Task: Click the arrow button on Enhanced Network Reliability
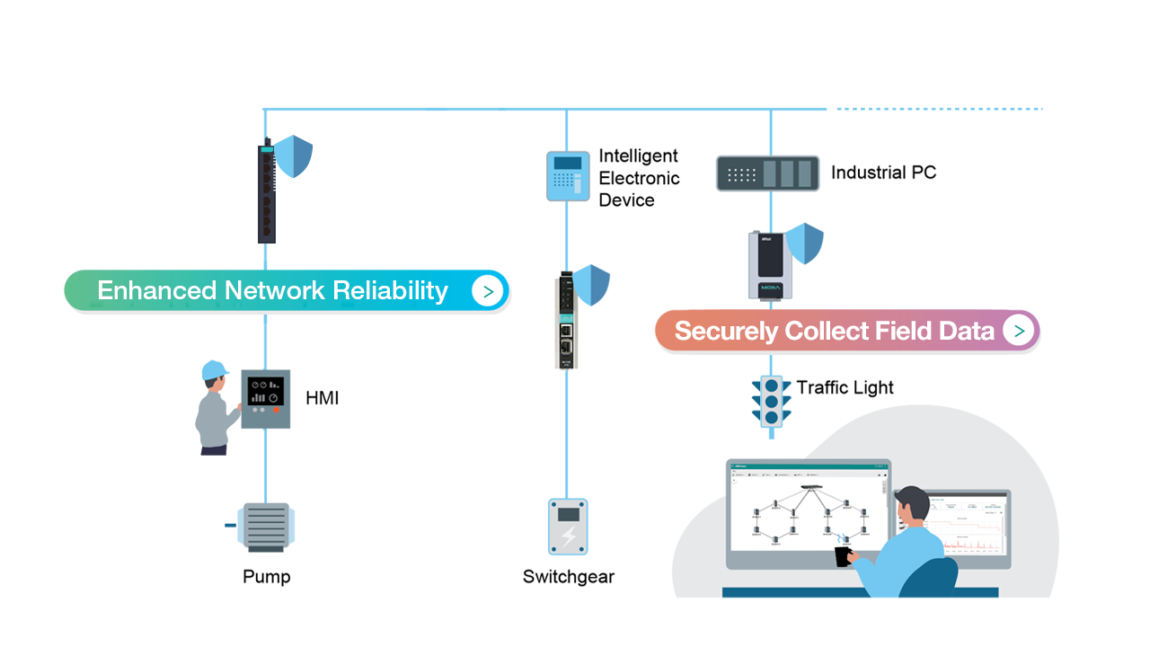point(487,291)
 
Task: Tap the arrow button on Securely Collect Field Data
point(1018,331)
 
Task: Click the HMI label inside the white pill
point(323,398)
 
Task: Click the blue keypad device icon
point(568,174)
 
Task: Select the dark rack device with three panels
point(768,173)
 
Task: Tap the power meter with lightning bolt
point(568,526)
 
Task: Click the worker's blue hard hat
point(214,369)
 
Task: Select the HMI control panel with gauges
point(265,399)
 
